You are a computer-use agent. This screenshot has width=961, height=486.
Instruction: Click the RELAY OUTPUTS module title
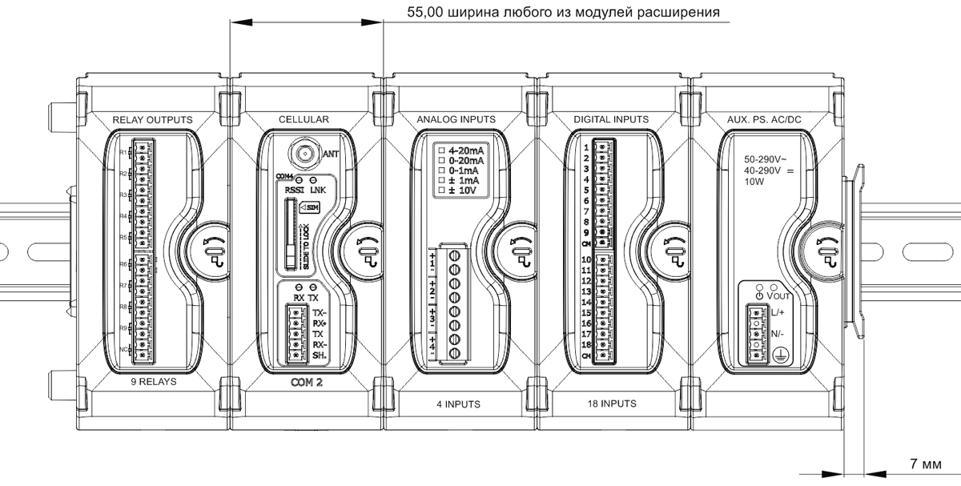click(x=152, y=119)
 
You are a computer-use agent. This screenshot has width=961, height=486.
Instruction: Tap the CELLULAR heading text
click(x=304, y=119)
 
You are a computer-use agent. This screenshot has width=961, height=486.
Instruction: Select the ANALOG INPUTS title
click(x=456, y=119)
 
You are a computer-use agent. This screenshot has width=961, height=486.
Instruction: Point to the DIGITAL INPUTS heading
click(x=611, y=119)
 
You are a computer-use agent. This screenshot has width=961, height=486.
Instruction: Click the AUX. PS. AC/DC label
click(x=764, y=119)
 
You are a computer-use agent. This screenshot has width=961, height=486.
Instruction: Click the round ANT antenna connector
click(x=304, y=150)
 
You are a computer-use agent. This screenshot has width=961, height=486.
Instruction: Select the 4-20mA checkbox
click(x=440, y=150)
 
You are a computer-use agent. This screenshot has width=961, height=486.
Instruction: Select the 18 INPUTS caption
click(x=611, y=404)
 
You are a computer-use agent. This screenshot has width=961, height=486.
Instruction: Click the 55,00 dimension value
click(x=425, y=13)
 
